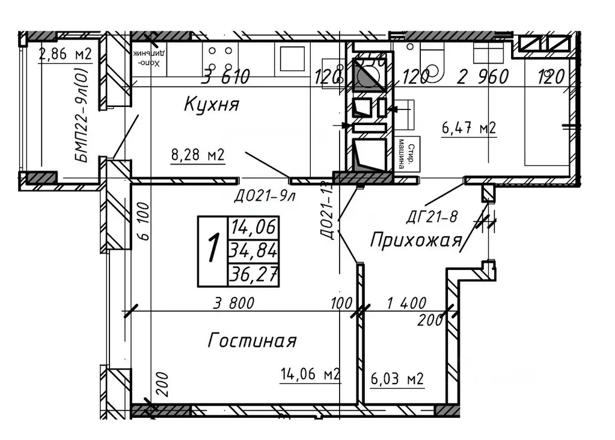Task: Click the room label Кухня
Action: (211, 106)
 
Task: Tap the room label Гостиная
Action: (252, 341)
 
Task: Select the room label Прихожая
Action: (415, 240)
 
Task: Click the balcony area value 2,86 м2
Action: (64, 55)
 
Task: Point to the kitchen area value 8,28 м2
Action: (198, 156)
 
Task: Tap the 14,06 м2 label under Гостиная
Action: (310, 374)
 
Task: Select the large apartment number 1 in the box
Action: (212, 249)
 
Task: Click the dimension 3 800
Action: (236, 302)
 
